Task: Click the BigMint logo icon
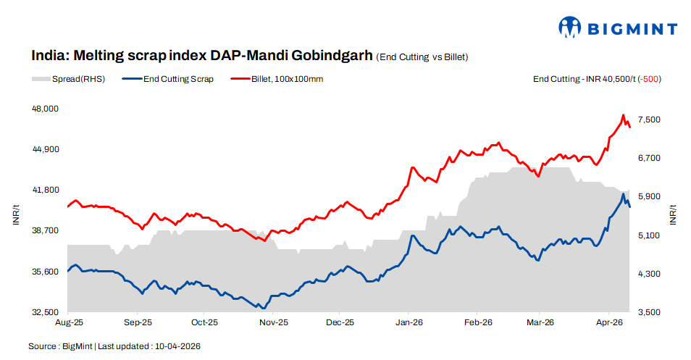click(x=570, y=28)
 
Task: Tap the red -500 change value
click(x=650, y=79)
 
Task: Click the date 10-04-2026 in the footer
click(x=177, y=346)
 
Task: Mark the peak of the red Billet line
click(x=623, y=115)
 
